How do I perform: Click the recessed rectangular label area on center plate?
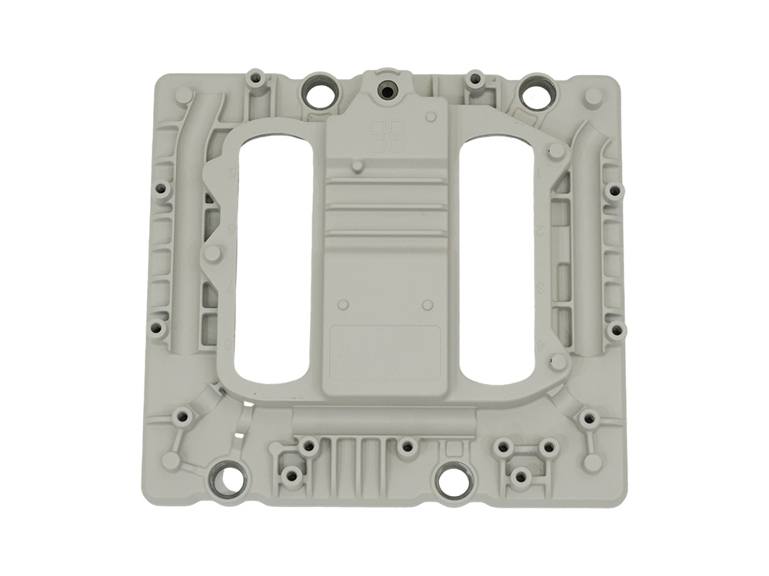click(x=384, y=346)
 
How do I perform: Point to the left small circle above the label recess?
click(x=344, y=303)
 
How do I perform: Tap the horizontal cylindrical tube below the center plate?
click(x=384, y=420)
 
